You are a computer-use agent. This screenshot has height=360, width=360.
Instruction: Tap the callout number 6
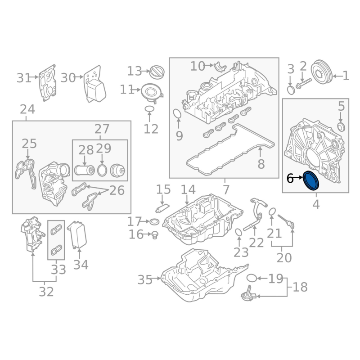coord(290,178)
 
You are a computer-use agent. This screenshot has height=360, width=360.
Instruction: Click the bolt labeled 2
coord(303,83)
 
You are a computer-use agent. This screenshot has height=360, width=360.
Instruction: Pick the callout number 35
coord(145,280)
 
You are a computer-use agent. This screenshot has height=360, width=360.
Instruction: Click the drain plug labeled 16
coord(155,235)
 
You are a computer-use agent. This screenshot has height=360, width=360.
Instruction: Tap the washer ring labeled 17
coord(154,222)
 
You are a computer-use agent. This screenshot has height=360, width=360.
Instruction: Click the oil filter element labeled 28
coord(84,171)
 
